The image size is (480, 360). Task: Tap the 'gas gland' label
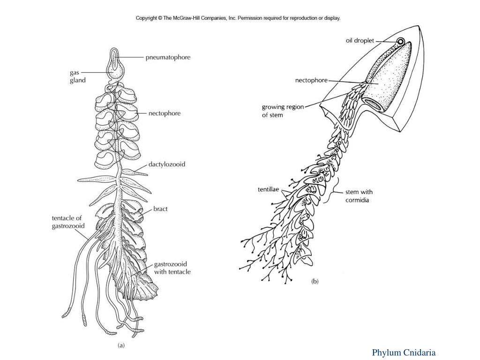[x=77, y=76]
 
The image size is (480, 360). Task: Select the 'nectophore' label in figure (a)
[x=164, y=113]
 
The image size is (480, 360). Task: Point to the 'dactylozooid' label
[x=167, y=165]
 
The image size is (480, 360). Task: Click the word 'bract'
[x=160, y=209]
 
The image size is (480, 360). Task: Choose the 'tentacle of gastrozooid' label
[x=68, y=222]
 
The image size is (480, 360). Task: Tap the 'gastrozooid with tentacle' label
[x=172, y=268]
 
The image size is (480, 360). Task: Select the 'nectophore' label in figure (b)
[x=311, y=80]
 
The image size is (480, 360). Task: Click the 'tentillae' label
[x=269, y=190]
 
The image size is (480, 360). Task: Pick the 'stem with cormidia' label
[x=359, y=196]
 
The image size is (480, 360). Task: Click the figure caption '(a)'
[x=121, y=345]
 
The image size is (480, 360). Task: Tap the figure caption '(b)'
[x=315, y=282]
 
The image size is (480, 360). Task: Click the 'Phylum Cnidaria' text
[x=404, y=352]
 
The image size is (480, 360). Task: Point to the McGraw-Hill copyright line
[x=238, y=18]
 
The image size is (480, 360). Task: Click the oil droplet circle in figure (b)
[x=401, y=42]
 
